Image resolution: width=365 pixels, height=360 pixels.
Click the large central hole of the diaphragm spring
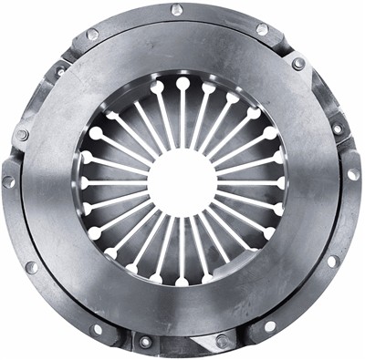[x=182, y=182]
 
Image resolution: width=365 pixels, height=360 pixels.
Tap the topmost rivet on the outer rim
[x=176, y=10]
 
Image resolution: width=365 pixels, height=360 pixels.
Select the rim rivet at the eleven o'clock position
[x=92, y=35]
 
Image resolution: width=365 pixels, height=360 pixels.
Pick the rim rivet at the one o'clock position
[x=262, y=29]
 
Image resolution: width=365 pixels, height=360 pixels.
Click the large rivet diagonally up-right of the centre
[x=298, y=64]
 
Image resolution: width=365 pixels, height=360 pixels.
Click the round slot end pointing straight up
[x=182, y=84]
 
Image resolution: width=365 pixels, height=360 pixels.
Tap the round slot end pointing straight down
[x=182, y=281]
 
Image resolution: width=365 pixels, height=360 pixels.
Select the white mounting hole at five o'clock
[x=269, y=325]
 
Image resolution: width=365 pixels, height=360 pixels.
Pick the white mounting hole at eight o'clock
[x=30, y=268]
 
